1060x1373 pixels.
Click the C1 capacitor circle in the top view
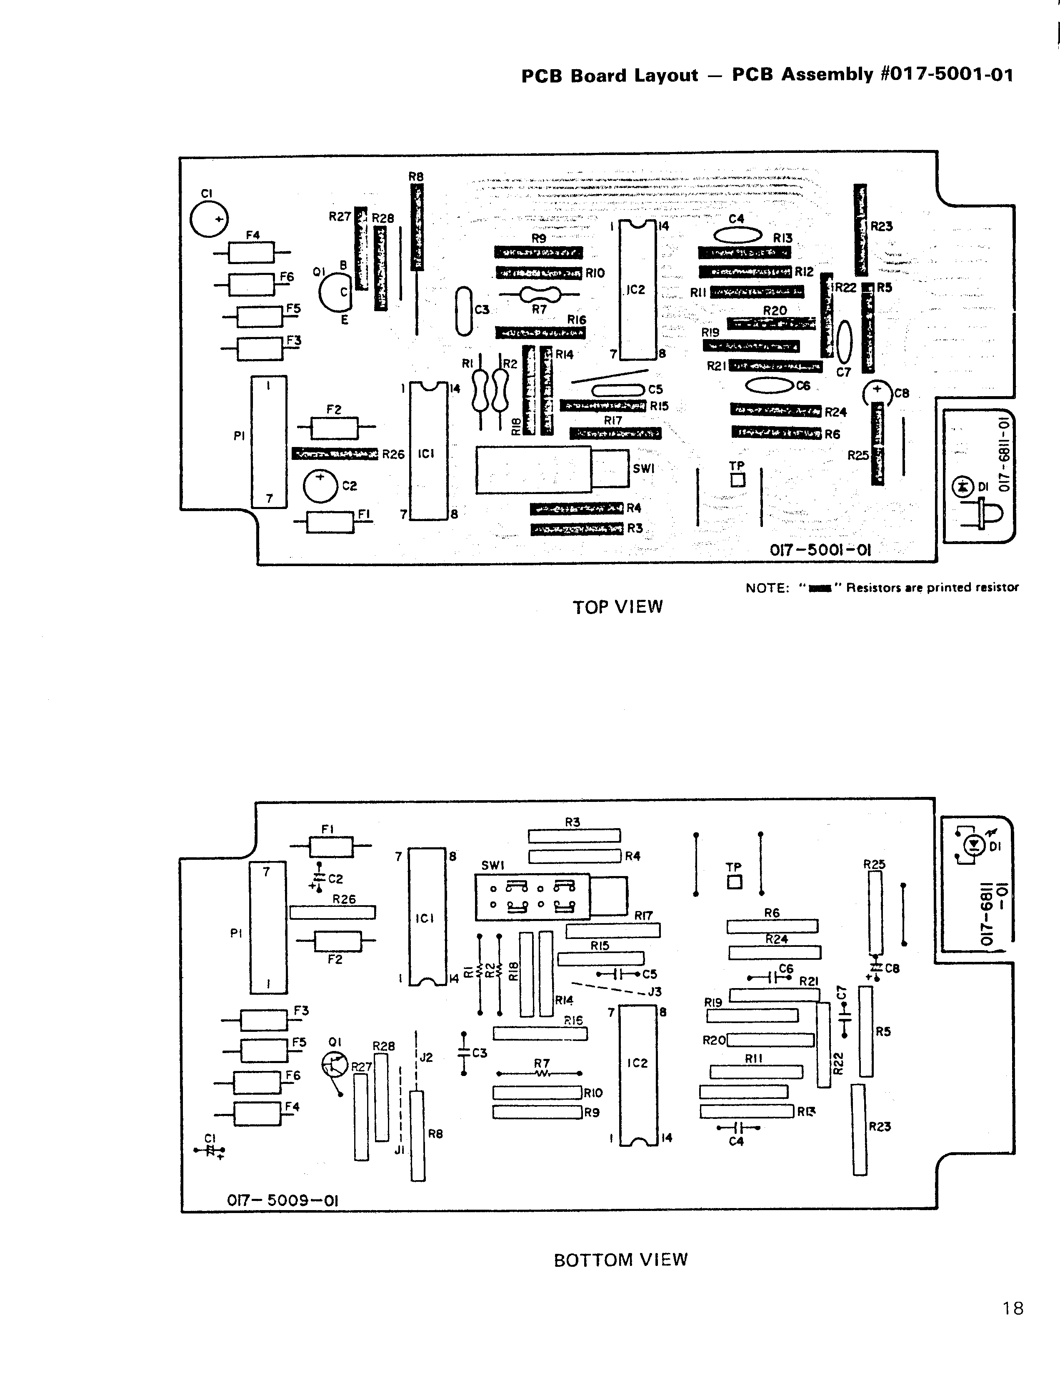(209, 220)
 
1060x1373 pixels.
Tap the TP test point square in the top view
(737, 479)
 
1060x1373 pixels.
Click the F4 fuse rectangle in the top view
(251, 253)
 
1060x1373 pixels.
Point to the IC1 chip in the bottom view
(427, 916)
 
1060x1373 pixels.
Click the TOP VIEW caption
(617, 607)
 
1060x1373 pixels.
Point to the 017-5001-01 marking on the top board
(820, 550)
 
